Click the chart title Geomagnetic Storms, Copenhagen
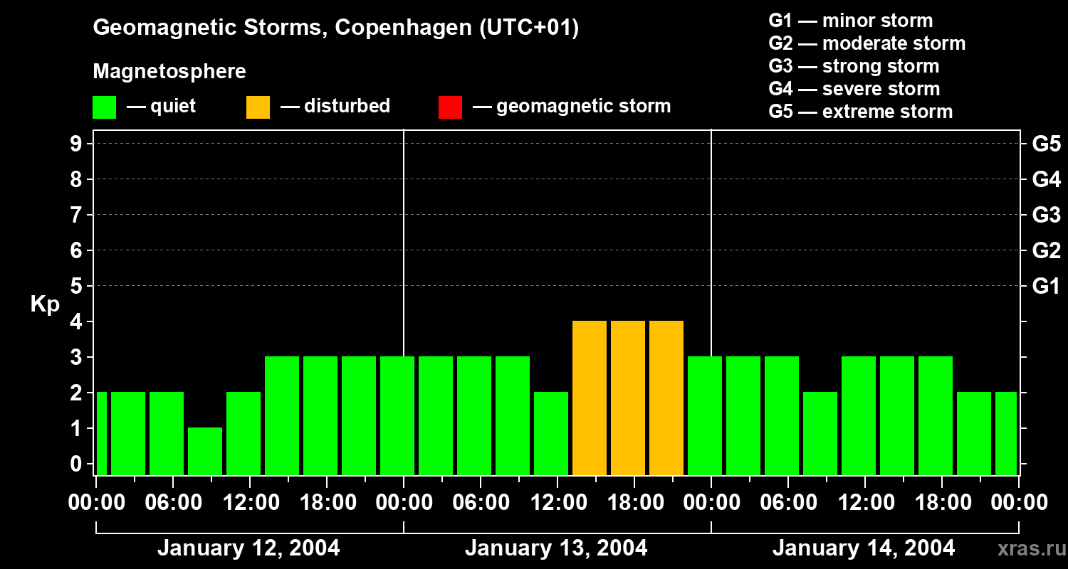[335, 28]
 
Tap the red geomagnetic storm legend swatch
[450, 107]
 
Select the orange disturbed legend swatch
[258, 107]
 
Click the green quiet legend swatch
[104, 107]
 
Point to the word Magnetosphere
[169, 72]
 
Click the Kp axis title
[45, 304]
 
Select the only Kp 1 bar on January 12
[205, 451]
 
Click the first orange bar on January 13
[590, 398]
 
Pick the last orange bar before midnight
[666, 398]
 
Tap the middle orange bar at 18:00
[628, 398]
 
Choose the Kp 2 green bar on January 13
[551, 433]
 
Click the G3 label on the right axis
[1046, 216]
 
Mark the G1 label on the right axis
[1046, 287]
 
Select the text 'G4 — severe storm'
[854, 89]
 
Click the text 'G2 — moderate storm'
[867, 43]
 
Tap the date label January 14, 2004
[864, 548]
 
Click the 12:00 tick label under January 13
[556, 503]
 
